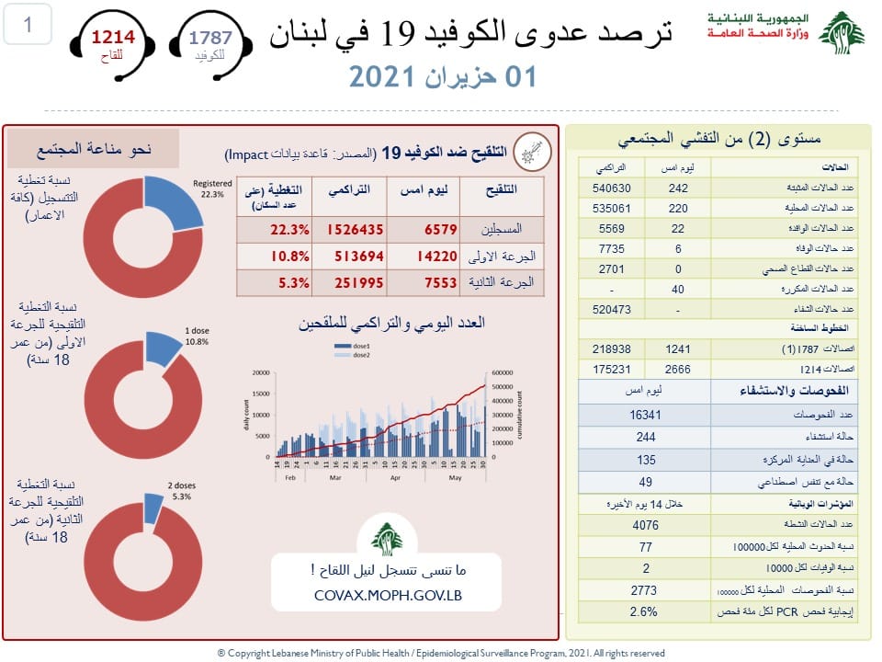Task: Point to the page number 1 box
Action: [28, 26]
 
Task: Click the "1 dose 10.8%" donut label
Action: [196, 336]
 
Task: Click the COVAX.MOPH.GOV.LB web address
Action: [387, 595]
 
